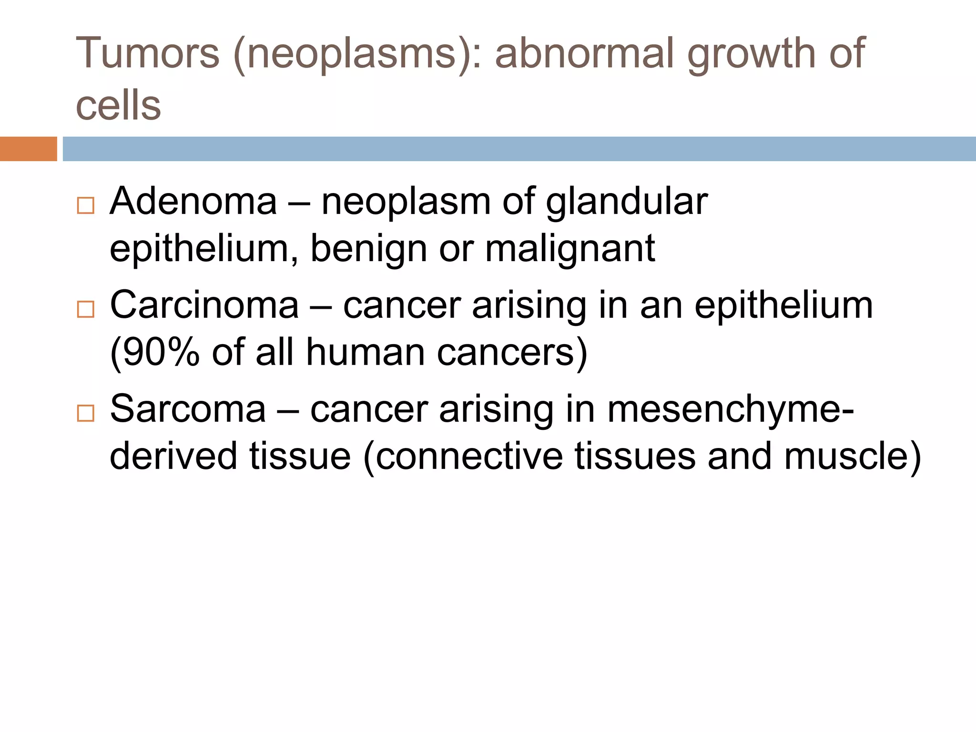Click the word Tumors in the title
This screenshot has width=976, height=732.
[148, 53]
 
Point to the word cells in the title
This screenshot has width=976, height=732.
[118, 105]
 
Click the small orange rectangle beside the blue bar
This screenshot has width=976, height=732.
[28, 149]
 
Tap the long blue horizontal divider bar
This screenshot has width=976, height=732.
[519, 149]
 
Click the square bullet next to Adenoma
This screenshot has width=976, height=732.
[86, 206]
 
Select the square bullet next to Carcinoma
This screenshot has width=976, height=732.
[86, 309]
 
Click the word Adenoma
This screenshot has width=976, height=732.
[193, 202]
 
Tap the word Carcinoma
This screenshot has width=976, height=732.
[204, 305]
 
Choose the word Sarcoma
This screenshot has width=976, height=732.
[188, 409]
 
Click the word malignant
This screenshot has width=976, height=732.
[570, 249]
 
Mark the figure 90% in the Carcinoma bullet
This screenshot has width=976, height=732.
[155, 353]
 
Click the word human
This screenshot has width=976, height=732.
[365, 353]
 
